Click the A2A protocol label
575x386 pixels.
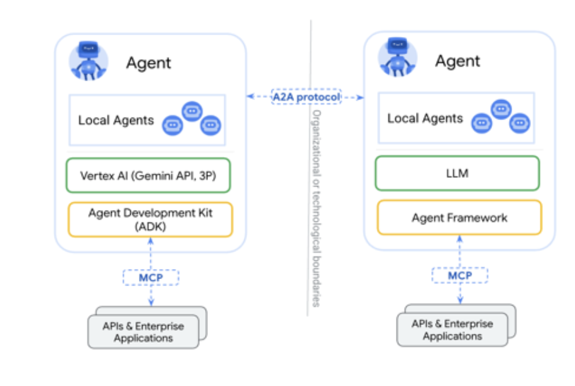(x=305, y=97)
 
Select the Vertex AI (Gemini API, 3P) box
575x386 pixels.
(x=149, y=175)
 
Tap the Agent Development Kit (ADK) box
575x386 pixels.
(x=150, y=219)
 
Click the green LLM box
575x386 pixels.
(x=457, y=173)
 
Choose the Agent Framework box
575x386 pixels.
(x=459, y=218)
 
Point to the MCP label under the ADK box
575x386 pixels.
(x=150, y=277)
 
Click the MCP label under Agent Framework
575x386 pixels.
(x=459, y=275)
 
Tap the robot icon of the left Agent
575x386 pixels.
(x=89, y=61)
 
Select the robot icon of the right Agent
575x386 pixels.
(x=397, y=58)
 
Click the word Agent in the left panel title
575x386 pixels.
(x=148, y=63)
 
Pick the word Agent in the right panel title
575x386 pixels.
(x=457, y=61)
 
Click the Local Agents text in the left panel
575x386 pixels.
(x=116, y=120)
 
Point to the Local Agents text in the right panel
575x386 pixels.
(x=425, y=118)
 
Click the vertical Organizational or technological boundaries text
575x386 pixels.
(x=317, y=207)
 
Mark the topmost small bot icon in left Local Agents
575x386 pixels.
(x=192, y=111)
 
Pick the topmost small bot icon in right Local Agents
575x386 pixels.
(x=501, y=109)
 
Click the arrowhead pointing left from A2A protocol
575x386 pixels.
(x=249, y=97)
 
